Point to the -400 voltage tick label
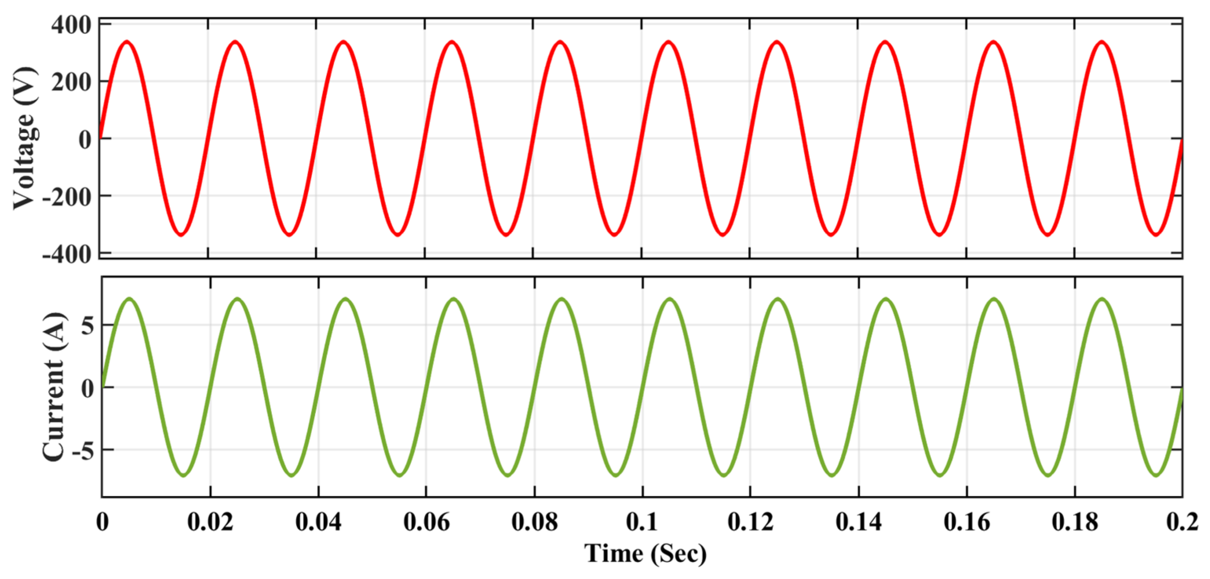[x=67, y=255]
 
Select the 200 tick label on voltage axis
[x=71, y=83]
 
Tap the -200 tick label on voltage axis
[x=67, y=197]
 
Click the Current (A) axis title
[x=54, y=387]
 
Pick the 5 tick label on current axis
[x=87, y=325]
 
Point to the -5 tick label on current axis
[x=83, y=450]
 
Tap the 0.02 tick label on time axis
[x=210, y=521]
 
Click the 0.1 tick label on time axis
[x=642, y=521]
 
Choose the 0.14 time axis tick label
[x=859, y=521]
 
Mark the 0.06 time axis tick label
[x=426, y=521]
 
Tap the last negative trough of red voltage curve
[x=1156, y=233]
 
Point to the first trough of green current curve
[x=184, y=475]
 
